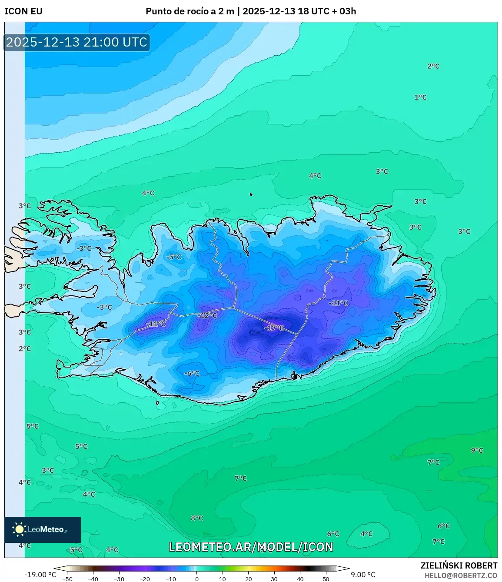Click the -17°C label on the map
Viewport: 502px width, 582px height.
pos(274,328)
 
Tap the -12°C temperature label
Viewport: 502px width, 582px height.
pos(208,315)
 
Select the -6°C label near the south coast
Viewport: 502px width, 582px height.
pos(192,373)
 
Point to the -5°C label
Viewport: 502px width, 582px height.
pos(174,257)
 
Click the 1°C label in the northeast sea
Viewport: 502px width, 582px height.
pos(420,97)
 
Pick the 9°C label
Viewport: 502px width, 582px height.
pos(477,450)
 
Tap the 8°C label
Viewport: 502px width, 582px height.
pos(197,518)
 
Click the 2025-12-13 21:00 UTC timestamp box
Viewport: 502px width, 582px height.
pos(76,42)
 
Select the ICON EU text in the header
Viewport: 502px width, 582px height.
pos(23,11)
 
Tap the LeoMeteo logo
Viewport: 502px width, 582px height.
pos(43,529)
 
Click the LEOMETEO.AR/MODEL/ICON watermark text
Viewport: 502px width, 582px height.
pos(251,547)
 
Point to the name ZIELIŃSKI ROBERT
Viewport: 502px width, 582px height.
pos(459,565)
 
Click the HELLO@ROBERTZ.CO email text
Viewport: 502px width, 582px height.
pos(461,575)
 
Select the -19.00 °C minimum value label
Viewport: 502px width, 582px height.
pos(40,575)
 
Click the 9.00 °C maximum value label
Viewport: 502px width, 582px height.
pos(363,575)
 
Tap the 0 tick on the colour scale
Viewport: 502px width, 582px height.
pos(196,579)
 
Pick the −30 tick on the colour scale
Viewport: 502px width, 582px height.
pos(119,579)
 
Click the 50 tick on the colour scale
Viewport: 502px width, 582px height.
pos(326,579)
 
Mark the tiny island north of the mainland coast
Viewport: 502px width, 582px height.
pos(251,194)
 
